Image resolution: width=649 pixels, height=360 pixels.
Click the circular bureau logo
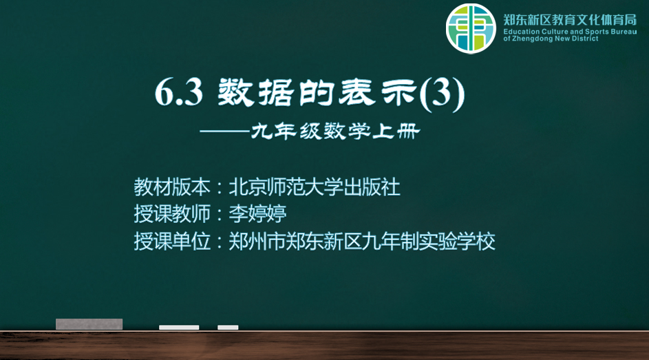[471, 28]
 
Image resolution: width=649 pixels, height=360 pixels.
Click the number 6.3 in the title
[179, 92]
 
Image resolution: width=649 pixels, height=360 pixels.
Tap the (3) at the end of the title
[442, 94]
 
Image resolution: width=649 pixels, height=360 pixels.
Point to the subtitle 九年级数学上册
[335, 131]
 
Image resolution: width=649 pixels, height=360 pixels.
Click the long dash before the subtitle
[225, 132]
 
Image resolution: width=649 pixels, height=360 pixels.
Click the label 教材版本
[172, 187]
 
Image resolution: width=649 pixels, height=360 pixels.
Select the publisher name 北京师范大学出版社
[315, 187]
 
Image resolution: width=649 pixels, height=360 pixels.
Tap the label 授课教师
[172, 214]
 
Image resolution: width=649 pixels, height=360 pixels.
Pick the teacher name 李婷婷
[257, 214]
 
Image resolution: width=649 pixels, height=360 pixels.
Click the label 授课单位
[172, 241]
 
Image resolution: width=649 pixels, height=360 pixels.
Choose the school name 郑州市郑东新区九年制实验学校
[362, 241]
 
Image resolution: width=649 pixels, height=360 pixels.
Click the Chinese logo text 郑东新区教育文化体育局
[570, 20]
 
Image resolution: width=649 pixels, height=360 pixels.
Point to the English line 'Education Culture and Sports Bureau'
[570, 32]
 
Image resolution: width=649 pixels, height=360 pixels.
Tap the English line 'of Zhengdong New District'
[551, 39]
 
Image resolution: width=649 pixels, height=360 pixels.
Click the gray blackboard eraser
[89, 324]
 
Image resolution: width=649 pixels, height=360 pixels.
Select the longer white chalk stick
[179, 328]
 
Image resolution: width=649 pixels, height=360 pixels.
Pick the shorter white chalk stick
[228, 328]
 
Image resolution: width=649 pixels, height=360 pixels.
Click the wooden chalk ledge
[325, 345]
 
